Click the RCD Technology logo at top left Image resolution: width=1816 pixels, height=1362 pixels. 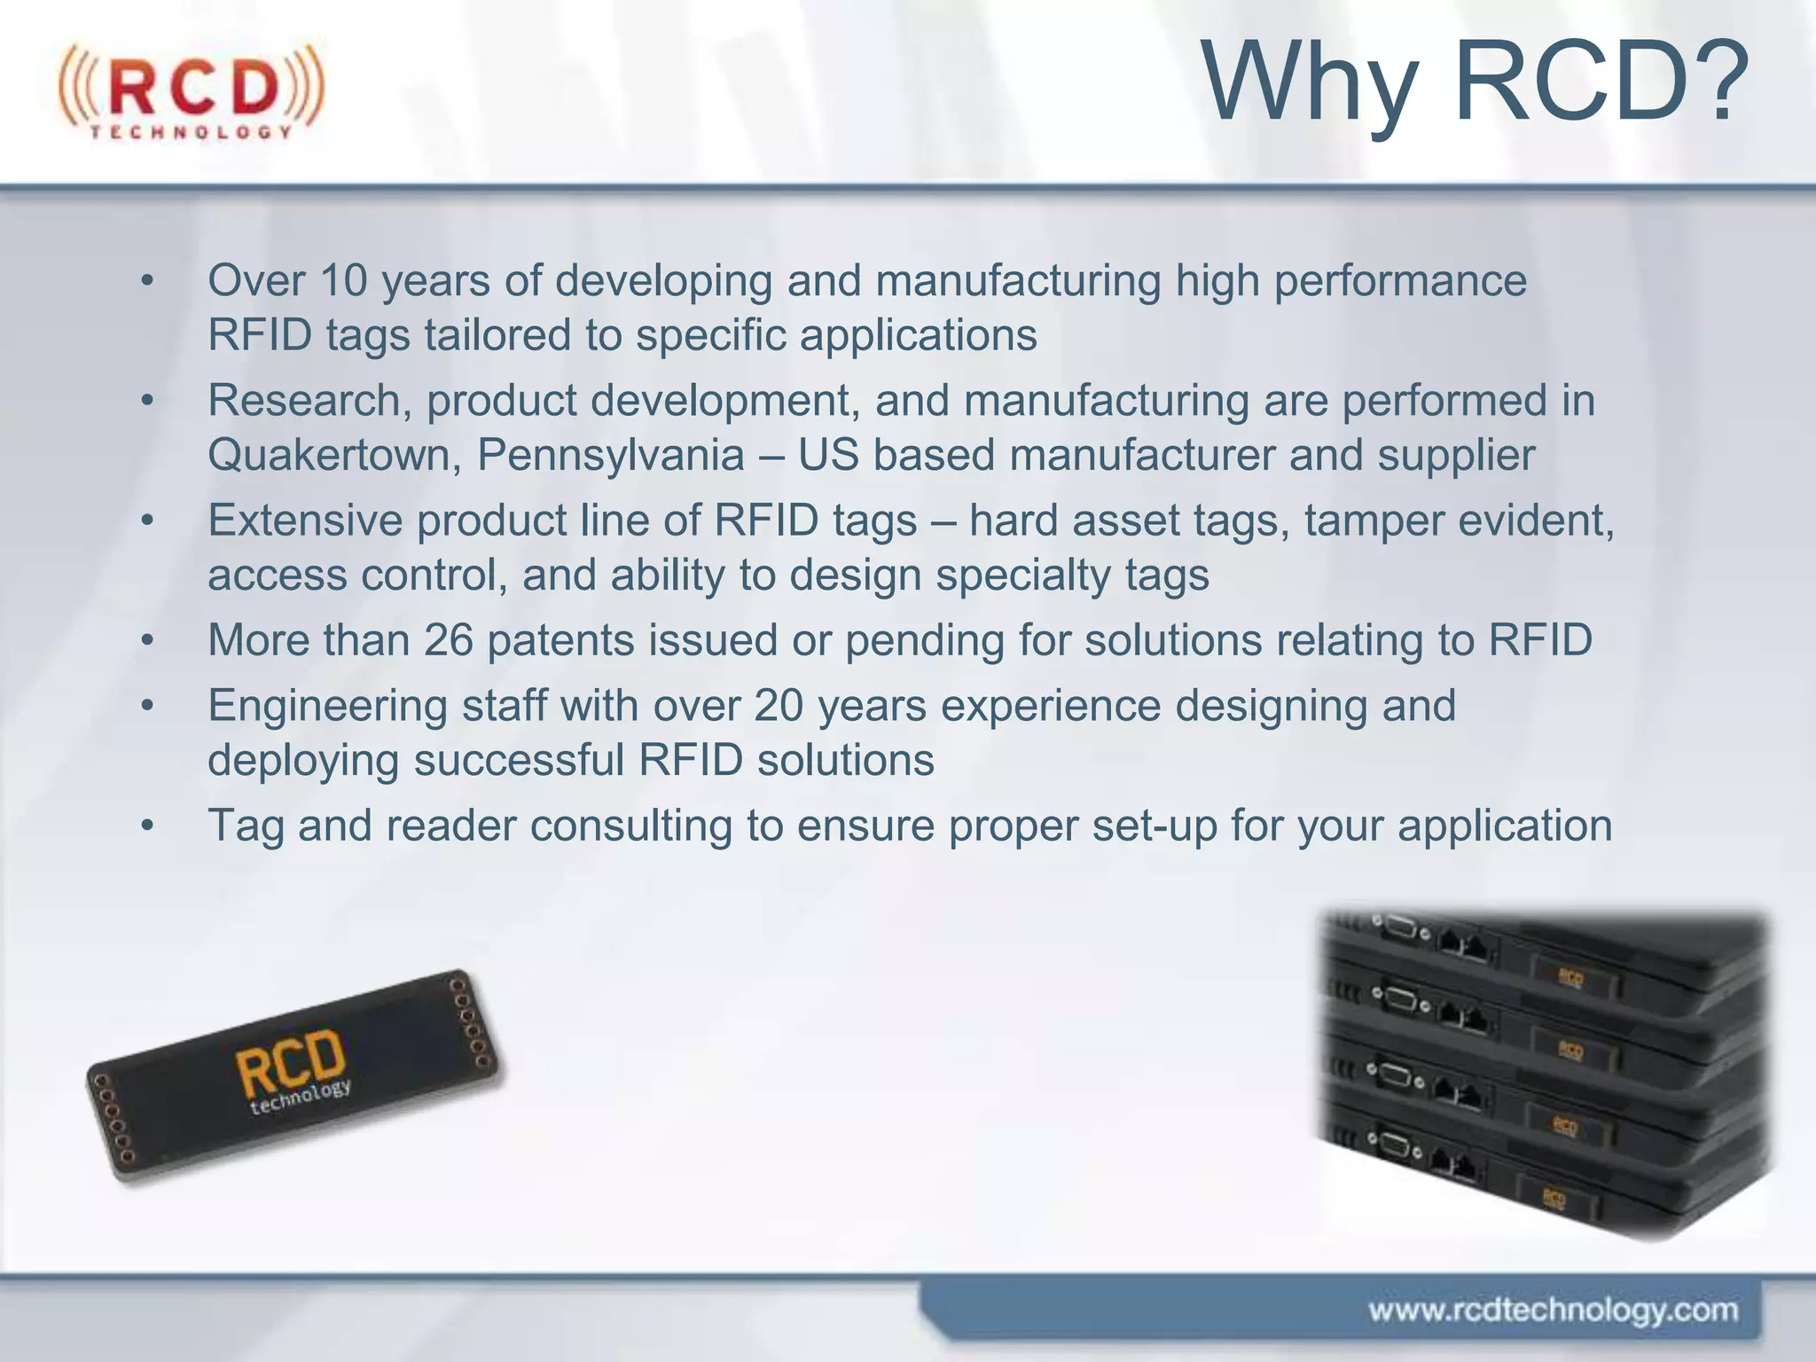pyautogui.click(x=192, y=91)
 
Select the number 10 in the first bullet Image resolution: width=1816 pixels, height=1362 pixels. pyautogui.click(x=343, y=281)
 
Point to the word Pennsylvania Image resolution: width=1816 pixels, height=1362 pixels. pyautogui.click(x=611, y=456)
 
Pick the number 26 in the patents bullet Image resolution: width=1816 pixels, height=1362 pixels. pyautogui.click(x=448, y=640)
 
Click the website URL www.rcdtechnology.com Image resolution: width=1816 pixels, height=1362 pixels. pyautogui.click(x=1553, y=1310)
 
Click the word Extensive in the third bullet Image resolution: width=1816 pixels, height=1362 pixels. pyautogui.click(x=305, y=521)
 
